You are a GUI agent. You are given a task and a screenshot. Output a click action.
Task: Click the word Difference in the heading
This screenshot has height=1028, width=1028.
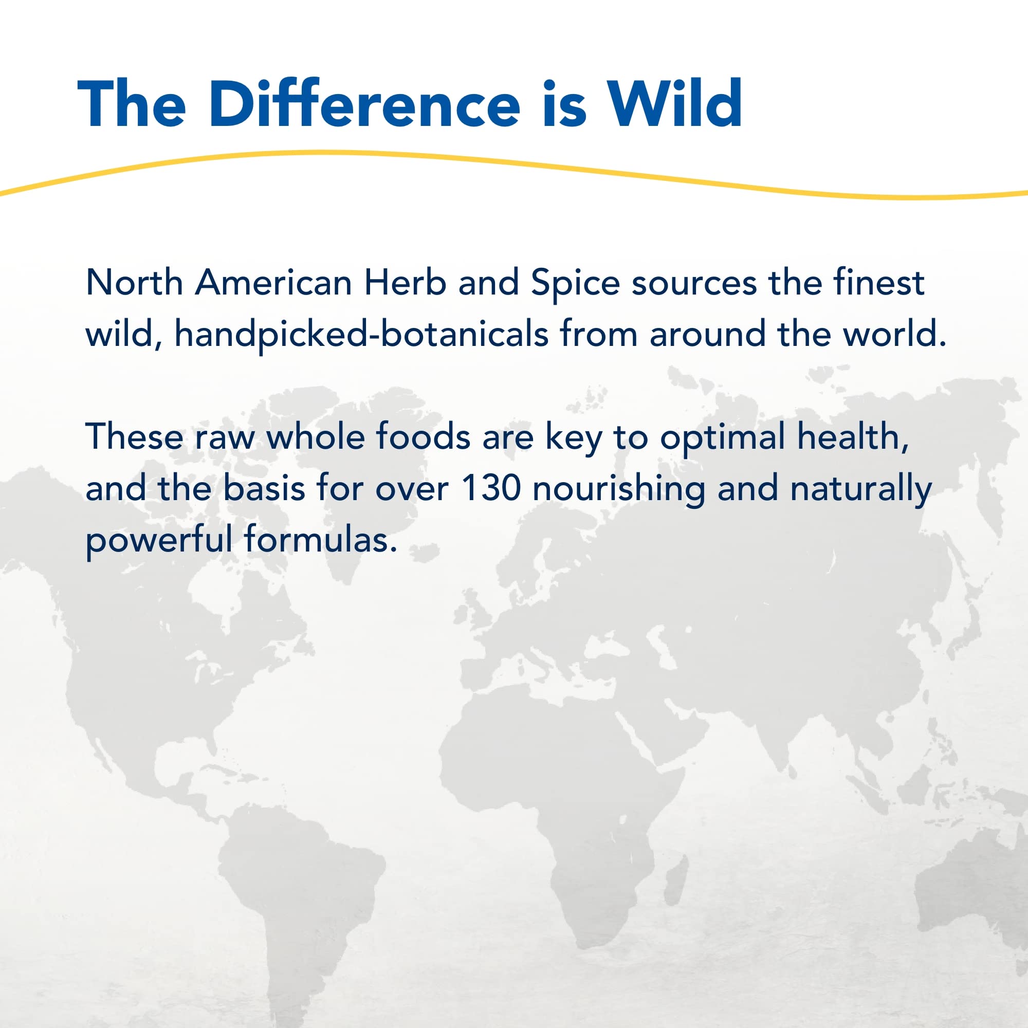click(364, 103)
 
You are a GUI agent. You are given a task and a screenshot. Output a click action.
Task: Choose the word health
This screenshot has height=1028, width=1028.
click(853, 437)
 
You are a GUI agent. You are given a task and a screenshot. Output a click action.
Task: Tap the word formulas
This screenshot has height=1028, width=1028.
click(320, 539)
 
